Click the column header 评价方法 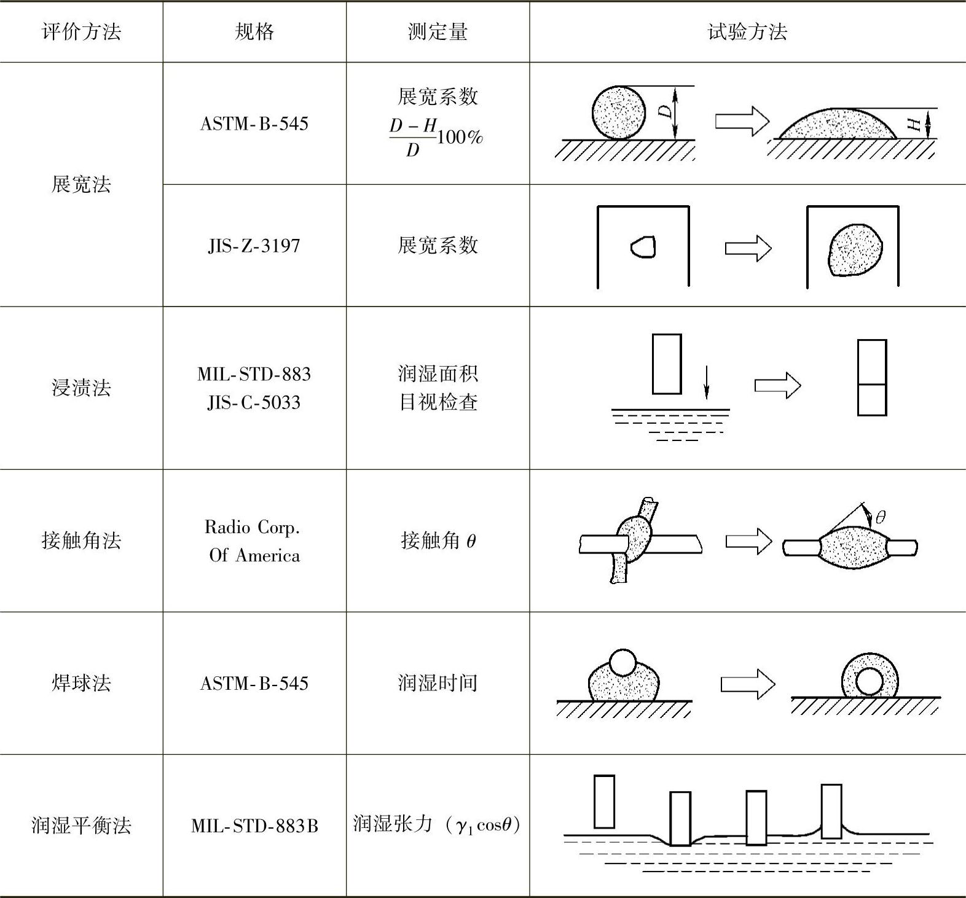point(81,32)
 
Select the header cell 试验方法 point(747,32)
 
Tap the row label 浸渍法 point(81,388)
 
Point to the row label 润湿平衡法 point(81,825)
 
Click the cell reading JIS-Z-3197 point(254,246)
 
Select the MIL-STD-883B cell point(254,826)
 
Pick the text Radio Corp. point(252,527)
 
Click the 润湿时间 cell point(438,682)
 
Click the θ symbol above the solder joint point(880,517)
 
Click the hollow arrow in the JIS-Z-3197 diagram point(748,248)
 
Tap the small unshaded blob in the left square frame point(643,247)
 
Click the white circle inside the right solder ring point(869,681)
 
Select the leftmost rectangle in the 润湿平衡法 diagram point(604,801)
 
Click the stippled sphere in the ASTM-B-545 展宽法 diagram point(619,112)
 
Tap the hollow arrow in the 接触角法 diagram point(748,541)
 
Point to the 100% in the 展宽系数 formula point(460,136)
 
